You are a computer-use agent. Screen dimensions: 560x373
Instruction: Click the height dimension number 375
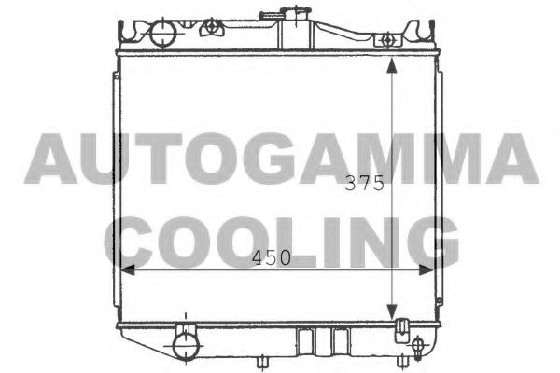coord(364,183)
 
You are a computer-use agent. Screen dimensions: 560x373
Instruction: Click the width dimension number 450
coord(272,257)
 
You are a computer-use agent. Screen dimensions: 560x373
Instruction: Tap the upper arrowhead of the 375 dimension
coord(392,65)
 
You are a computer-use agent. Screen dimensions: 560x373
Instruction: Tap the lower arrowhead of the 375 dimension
coord(392,312)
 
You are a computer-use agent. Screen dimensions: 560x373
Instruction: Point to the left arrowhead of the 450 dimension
coord(128,270)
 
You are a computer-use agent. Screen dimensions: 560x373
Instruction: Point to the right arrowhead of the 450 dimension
coord(426,270)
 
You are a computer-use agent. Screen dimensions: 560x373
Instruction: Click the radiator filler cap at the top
coord(285,14)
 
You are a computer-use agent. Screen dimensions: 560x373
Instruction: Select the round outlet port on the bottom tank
coord(186,346)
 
